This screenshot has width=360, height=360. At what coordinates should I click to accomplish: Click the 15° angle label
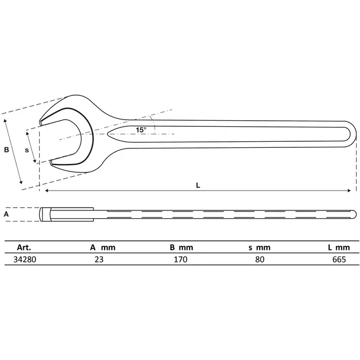click(x=141, y=130)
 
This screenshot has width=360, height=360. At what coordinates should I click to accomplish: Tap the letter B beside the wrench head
click(x=7, y=150)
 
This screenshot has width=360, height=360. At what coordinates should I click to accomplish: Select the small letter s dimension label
click(x=27, y=150)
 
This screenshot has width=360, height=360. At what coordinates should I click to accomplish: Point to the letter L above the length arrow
click(x=198, y=186)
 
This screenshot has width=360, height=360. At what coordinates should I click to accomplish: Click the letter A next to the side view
click(x=6, y=214)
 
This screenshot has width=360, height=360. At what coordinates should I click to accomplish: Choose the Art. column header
click(x=24, y=247)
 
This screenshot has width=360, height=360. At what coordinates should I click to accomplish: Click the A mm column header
click(x=102, y=247)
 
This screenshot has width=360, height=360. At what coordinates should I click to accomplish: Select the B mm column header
click(x=181, y=247)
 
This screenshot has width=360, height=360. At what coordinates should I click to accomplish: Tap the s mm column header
click(x=259, y=248)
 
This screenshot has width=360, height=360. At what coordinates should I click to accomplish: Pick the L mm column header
click(x=338, y=247)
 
